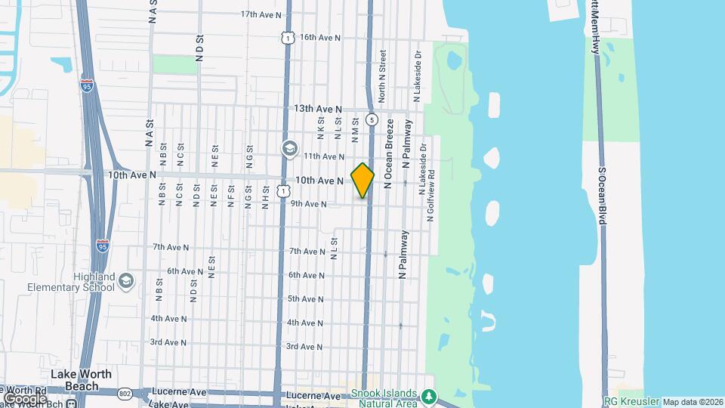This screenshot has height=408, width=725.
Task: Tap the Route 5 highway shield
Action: (372, 119)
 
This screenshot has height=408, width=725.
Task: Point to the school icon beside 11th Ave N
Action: (288, 149)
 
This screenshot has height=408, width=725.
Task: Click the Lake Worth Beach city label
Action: (81, 380)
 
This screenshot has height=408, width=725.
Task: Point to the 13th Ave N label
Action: (318, 109)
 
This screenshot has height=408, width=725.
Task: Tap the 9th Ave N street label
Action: (308, 204)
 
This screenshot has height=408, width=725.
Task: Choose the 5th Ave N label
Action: (306, 299)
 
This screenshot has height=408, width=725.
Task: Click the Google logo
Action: (24, 398)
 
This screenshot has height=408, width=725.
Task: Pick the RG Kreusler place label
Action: (631, 401)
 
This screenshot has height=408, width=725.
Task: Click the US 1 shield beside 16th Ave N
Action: (286, 36)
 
